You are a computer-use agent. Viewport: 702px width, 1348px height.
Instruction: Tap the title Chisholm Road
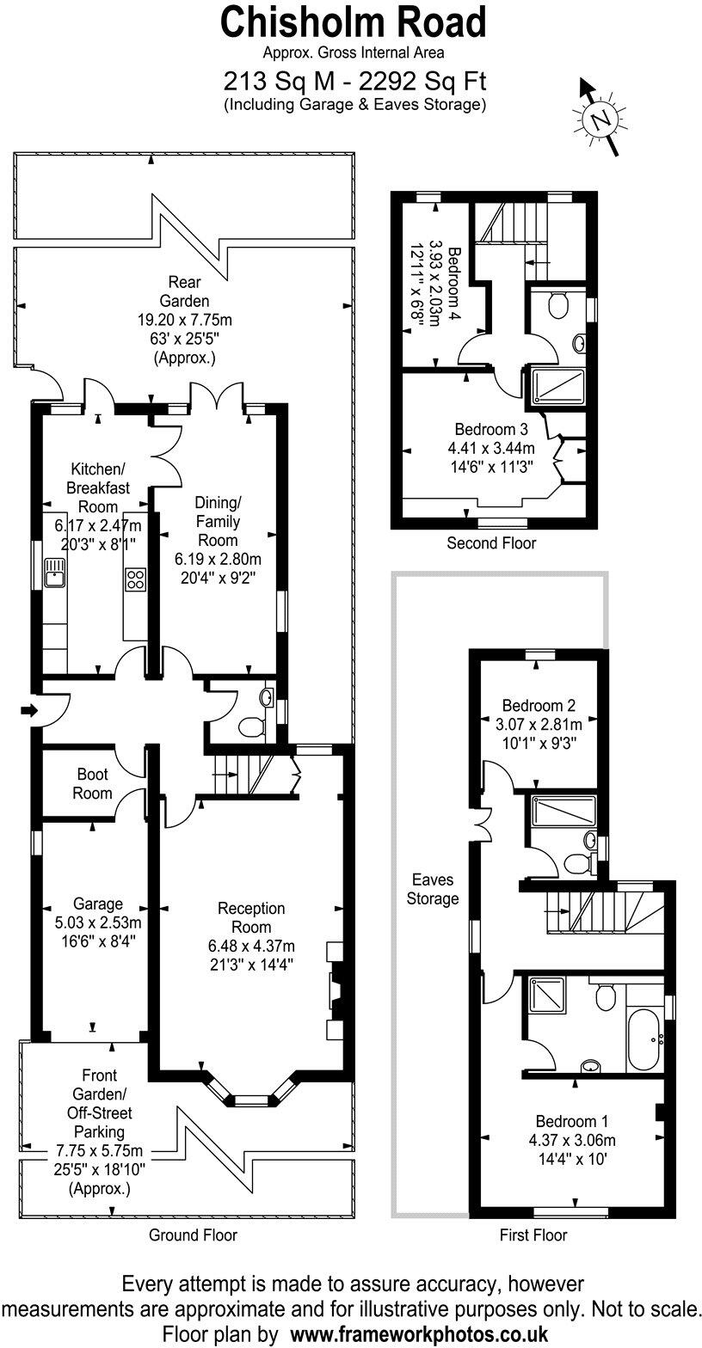coord(354,23)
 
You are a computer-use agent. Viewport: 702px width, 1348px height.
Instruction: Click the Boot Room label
coord(93,783)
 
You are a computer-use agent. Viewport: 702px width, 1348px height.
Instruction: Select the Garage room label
coord(97,904)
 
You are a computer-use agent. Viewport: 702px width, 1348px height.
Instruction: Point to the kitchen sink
coord(54,572)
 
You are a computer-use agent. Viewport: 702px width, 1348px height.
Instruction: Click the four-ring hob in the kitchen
coord(135,579)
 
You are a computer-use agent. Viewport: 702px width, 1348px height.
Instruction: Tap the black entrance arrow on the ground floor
coord(29,711)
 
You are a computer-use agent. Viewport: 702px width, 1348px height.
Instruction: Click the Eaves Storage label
coord(432,889)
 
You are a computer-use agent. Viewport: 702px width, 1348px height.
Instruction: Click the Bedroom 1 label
coord(571,1121)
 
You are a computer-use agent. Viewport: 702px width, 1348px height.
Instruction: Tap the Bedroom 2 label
coord(539,705)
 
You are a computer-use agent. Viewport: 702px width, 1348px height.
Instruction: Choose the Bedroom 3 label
coord(490,429)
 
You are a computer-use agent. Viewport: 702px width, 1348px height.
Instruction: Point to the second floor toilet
coord(558,304)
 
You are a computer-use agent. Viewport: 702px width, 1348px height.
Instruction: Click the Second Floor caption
coord(490,542)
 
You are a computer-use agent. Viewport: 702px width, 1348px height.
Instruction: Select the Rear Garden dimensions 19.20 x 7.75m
coord(184,320)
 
